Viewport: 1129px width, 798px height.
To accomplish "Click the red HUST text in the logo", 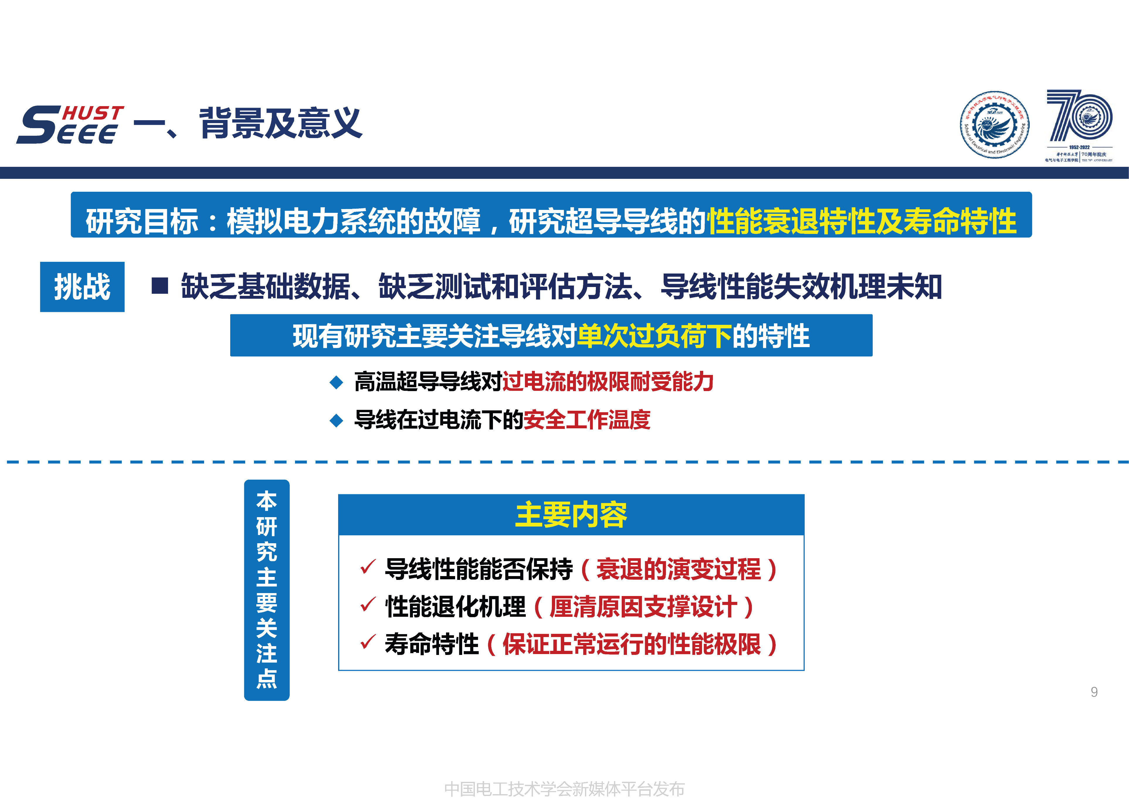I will click(93, 113).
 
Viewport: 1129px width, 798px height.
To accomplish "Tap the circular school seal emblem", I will click(994, 125).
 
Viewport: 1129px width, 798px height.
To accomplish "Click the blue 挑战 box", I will click(82, 287).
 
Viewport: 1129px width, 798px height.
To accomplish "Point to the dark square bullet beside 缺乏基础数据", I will click(160, 286).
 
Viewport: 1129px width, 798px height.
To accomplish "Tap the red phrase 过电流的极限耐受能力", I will click(608, 381).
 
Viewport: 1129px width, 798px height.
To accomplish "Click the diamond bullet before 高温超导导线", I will click(336, 382).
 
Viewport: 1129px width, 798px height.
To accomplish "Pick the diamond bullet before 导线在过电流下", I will click(336, 420).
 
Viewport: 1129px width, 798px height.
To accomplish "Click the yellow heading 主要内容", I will click(571, 515).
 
